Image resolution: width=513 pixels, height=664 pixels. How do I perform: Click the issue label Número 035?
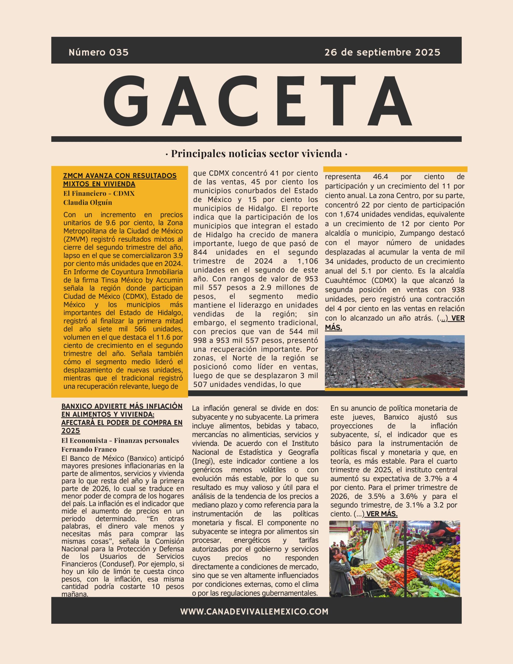pyautogui.click(x=99, y=52)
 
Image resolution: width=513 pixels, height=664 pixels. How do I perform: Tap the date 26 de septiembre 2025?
pyautogui.click(x=382, y=52)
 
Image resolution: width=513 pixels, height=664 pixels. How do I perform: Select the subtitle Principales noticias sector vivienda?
pyautogui.click(x=256, y=154)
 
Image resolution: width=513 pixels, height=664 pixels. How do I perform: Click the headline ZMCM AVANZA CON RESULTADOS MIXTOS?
pyautogui.click(x=120, y=180)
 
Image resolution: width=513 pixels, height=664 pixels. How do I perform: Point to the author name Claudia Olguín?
pyautogui.click(x=88, y=203)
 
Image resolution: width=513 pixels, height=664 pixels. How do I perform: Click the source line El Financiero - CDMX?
pyautogui.click(x=99, y=193)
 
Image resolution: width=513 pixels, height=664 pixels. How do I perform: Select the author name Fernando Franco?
pyautogui.click(x=89, y=449)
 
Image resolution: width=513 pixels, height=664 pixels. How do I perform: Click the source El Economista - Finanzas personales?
pyautogui.click(x=120, y=440)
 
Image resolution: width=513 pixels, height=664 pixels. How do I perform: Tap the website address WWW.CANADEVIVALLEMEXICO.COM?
pyautogui.click(x=254, y=612)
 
